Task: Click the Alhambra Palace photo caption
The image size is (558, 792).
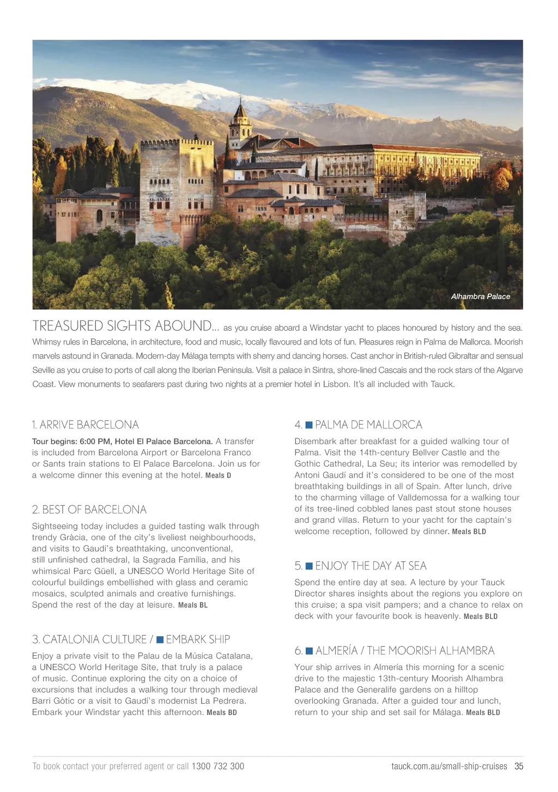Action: point(480,297)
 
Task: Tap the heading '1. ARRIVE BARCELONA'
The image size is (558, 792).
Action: point(85,425)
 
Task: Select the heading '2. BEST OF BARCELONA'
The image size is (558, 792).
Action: point(89,510)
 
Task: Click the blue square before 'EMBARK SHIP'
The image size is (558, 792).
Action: point(160,639)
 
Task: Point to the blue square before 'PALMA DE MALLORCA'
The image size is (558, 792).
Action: point(309,425)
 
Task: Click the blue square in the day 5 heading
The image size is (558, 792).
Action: point(309,566)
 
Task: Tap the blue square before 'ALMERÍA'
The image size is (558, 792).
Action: point(309,651)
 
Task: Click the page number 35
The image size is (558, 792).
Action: point(519,766)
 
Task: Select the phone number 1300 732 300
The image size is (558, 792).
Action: point(217,766)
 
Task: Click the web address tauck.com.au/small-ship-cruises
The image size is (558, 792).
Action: point(449,766)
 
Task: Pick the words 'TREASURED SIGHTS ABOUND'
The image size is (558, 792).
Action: point(122,326)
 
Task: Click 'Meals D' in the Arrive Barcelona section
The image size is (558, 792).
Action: point(218,475)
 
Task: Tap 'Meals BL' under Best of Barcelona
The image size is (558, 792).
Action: point(192,605)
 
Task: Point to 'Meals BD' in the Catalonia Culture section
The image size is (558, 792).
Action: point(222,712)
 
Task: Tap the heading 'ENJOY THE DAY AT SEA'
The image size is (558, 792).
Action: point(371,566)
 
